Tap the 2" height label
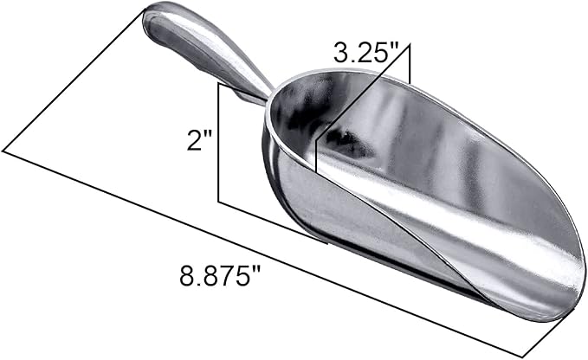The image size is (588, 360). pyautogui.click(x=200, y=139)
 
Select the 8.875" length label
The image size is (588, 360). pyautogui.click(x=221, y=278)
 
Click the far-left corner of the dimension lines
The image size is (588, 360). pyautogui.click(x=3, y=151)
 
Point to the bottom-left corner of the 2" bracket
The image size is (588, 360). pyautogui.click(x=218, y=203)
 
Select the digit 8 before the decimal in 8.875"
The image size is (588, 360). pyautogui.click(x=186, y=278)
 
